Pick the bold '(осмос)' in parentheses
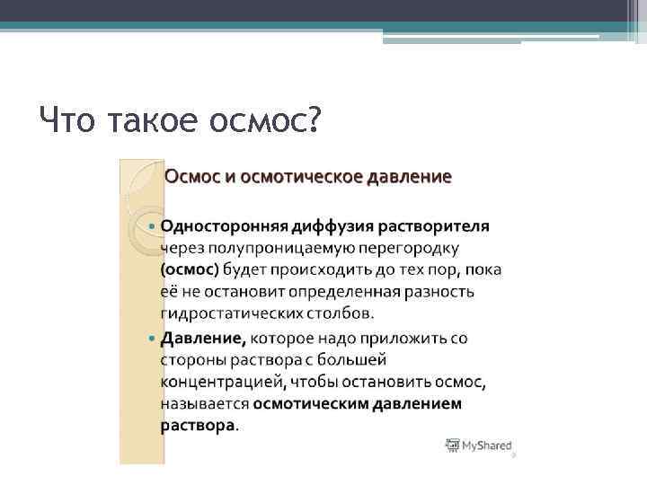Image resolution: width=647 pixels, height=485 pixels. click(190, 269)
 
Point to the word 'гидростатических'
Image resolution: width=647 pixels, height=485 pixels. click(224, 313)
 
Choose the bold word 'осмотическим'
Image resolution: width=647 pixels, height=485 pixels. click(311, 404)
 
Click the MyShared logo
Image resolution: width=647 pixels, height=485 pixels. click(479, 445)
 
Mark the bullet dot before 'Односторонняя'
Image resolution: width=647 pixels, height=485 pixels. click(151, 225)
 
